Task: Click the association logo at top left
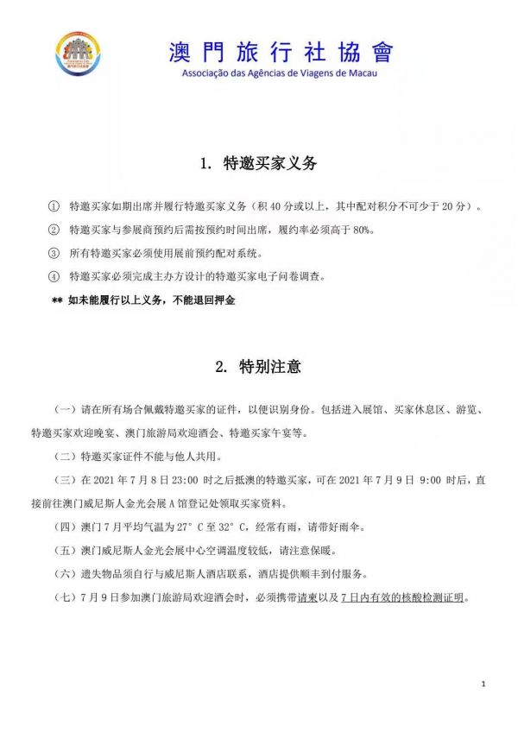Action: pos(83,56)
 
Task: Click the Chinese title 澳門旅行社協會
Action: pos(281,52)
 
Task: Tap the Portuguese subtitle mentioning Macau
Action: pos(281,73)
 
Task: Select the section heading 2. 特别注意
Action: pos(258,366)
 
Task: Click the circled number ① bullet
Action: pos(54,208)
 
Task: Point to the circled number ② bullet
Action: pos(54,230)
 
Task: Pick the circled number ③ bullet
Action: pos(54,254)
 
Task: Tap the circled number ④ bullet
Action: pos(54,277)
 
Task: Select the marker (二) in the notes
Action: pos(66,456)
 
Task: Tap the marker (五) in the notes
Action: pos(66,550)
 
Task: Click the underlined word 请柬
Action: pos(306,598)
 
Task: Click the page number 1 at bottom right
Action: pos(484,684)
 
